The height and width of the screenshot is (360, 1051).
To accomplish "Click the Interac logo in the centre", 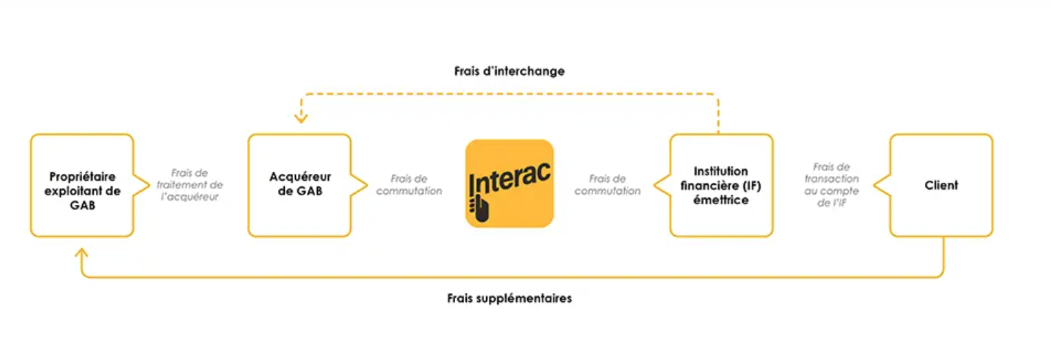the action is pos(510,183).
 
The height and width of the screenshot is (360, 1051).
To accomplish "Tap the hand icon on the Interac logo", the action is pos(479,207).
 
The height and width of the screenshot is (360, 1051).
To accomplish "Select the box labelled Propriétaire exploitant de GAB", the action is pos(82,186).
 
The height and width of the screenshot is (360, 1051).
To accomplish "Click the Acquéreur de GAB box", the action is pos(299,186).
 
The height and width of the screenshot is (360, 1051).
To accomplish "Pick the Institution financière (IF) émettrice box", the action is pos(721,186).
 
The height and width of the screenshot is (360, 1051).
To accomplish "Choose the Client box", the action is pos(941,186).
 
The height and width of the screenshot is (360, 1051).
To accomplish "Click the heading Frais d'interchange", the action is pos(509,71).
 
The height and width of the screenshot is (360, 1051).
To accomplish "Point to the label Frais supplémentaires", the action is pos(509,299).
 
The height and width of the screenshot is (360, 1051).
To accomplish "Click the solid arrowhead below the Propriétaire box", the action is pos(81,253).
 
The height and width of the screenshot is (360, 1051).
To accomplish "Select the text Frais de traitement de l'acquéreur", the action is pos(190,185).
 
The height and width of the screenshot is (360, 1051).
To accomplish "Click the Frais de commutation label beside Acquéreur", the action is pos(409,185).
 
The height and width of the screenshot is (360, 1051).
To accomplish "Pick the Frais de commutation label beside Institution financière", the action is pos(607,185).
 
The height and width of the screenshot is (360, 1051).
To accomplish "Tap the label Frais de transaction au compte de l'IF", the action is pos(832,185).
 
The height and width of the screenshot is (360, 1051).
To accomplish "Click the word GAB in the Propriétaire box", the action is pos(83,206).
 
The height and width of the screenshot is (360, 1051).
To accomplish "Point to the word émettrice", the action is pos(721,200).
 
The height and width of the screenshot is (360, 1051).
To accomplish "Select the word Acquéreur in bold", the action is pos(300,177).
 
